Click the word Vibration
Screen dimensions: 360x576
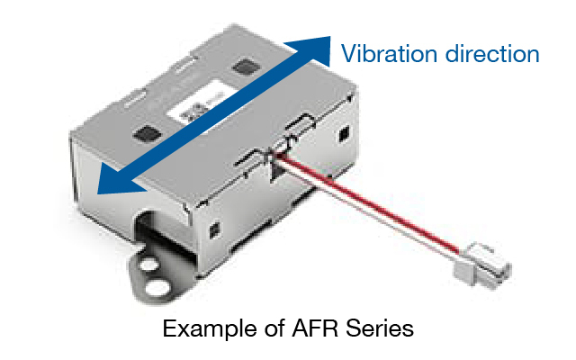point(389,53)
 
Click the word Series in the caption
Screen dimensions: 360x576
point(384,329)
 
